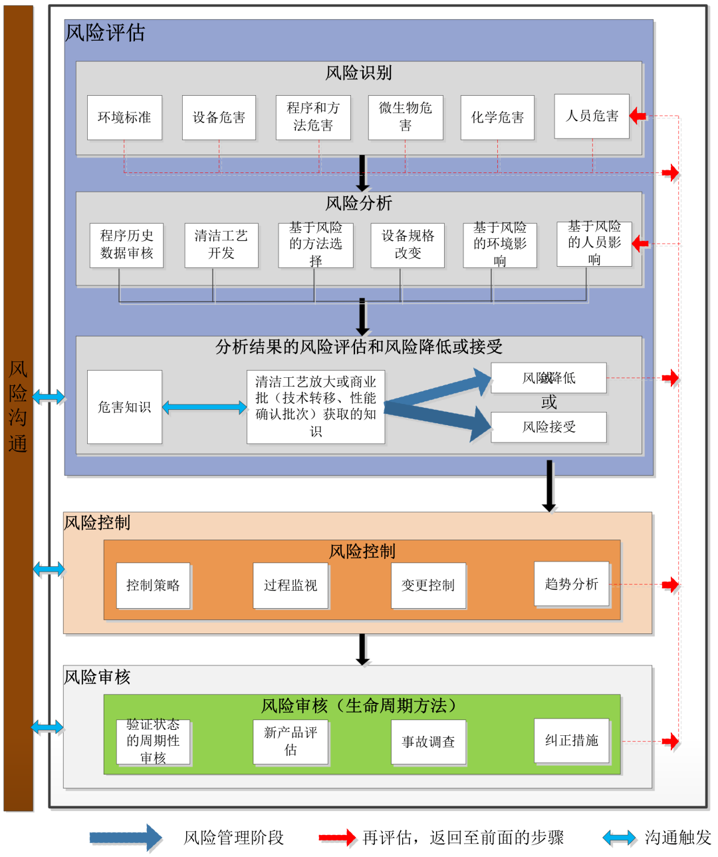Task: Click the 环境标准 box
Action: pyautogui.click(x=124, y=118)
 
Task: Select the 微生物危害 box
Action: pyautogui.click(x=406, y=117)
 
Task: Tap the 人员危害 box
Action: pyautogui.click(x=592, y=116)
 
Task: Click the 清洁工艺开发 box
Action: pyautogui.click(x=221, y=245)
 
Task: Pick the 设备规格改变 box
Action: pyautogui.click(x=408, y=245)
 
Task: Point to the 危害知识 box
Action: pyautogui.click(x=124, y=407)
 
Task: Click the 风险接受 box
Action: pyautogui.click(x=548, y=427)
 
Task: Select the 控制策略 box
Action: pyautogui.click(x=153, y=586)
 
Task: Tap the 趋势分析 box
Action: pyautogui.click(x=571, y=584)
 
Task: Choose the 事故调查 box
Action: pyautogui.click(x=428, y=742)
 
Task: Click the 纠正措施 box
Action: pyautogui.click(x=571, y=741)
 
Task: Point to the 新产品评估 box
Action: pyautogui.click(x=291, y=741)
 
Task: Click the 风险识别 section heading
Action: pyautogui.click(x=358, y=73)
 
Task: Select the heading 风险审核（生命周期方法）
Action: pyautogui.click(x=358, y=706)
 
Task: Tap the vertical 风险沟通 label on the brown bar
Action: pyautogui.click(x=18, y=407)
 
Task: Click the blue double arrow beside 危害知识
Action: pyautogui.click(x=204, y=407)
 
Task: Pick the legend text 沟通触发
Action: pyautogui.click(x=677, y=838)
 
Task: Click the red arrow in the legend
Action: pyautogui.click(x=337, y=838)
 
